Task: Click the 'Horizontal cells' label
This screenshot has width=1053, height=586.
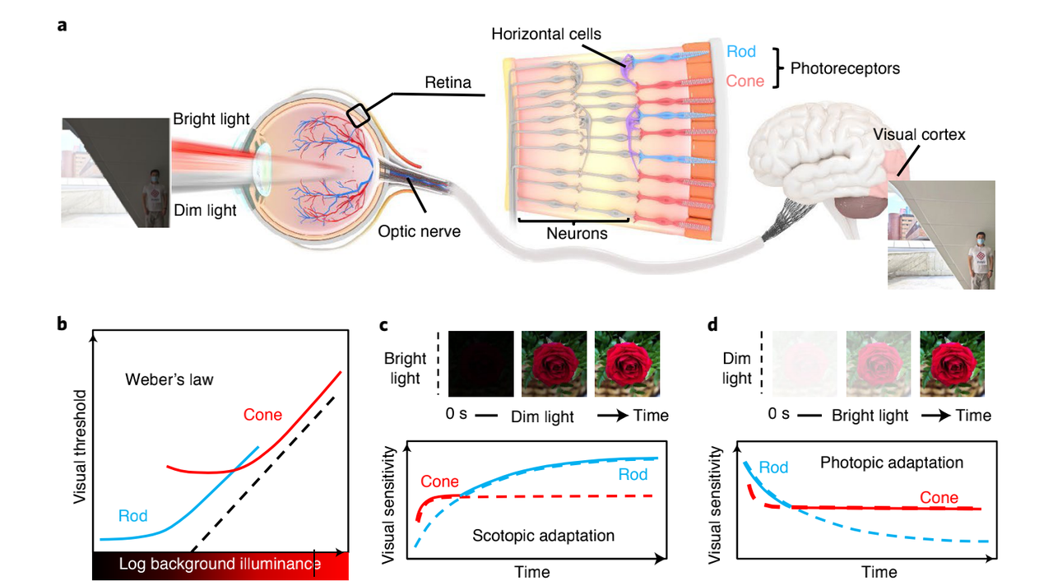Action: [546, 34]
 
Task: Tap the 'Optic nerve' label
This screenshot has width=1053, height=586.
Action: [419, 231]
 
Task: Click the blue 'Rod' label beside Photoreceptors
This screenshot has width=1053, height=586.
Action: [740, 52]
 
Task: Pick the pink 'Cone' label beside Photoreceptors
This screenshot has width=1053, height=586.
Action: [745, 81]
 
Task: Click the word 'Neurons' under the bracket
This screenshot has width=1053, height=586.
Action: [577, 234]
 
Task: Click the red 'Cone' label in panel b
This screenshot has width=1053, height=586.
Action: [262, 415]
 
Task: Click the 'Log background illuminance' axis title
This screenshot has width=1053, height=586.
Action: [220, 564]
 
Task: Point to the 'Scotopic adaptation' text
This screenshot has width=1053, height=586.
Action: [544, 536]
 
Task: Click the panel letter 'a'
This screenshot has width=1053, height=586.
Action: [62, 25]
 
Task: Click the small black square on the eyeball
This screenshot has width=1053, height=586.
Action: [358, 116]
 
